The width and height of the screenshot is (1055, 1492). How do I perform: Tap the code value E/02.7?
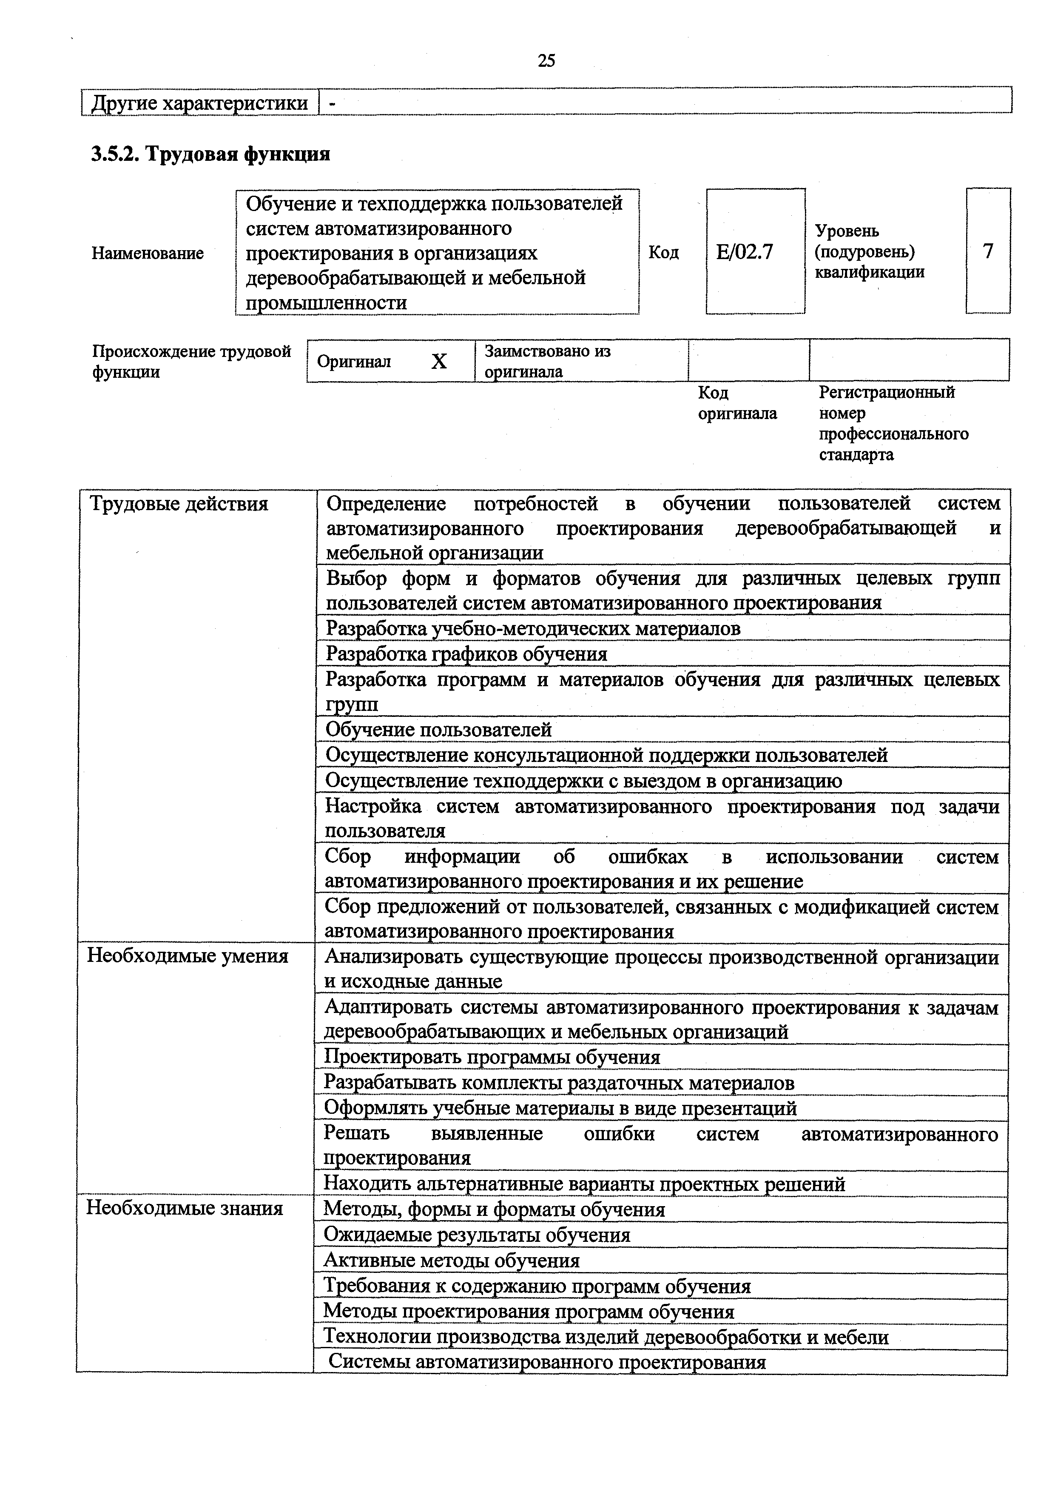point(745,251)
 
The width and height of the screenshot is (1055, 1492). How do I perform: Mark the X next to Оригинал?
point(439,361)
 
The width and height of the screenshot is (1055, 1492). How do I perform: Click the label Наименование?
point(148,253)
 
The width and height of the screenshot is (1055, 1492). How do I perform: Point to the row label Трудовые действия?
point(179,504)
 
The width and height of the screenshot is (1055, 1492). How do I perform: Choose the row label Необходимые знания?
point(185,1208)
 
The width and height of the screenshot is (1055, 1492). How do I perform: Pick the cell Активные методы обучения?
point(452,1260)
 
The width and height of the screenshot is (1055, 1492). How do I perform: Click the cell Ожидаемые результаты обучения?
point(477,1235)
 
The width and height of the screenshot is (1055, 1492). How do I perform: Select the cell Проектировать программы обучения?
point(492,1057)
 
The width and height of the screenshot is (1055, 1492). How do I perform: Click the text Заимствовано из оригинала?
point(548,361)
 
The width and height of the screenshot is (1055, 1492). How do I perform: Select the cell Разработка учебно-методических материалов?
point(533,628)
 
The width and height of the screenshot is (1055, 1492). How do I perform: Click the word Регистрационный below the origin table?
point(886,393)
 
